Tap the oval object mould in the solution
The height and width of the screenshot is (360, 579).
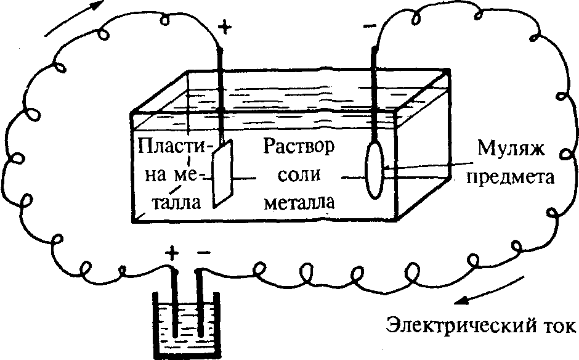click(374, 171)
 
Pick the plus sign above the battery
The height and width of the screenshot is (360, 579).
click(173, 252)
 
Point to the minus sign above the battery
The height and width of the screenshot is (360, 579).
click(204, 252)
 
